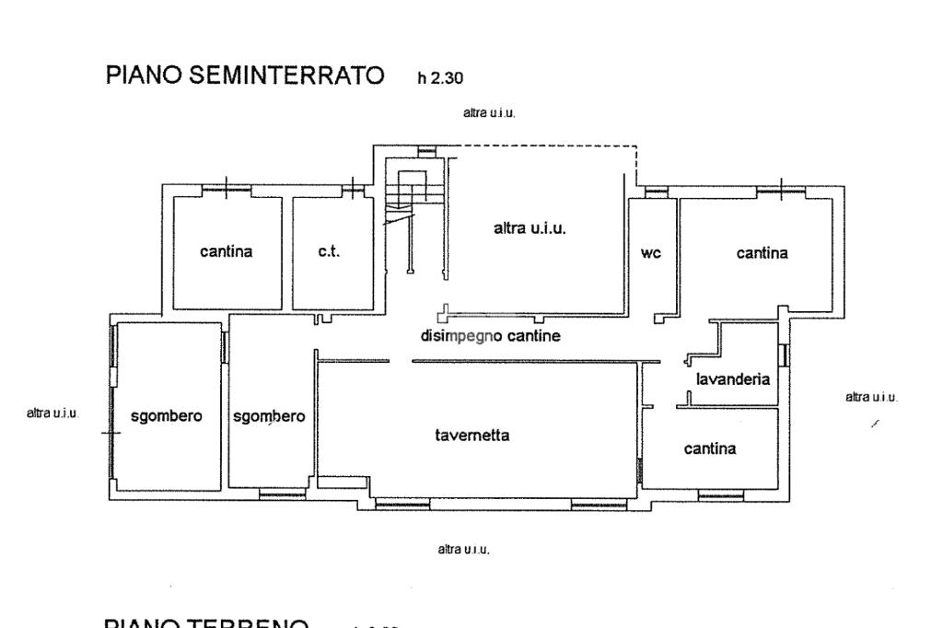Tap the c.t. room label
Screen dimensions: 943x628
pos(329,252)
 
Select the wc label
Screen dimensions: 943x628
pos(651,254)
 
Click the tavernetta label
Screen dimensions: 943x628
pos(472,436)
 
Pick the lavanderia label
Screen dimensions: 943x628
pos(733,378)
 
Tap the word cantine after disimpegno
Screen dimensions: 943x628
pos(533,336)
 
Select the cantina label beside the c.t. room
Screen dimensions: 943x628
pos(226,252)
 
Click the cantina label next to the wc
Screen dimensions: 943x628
pos(762,253)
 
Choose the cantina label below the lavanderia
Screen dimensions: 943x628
pos(710,448)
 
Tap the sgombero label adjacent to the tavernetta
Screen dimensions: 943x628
pos(269,416)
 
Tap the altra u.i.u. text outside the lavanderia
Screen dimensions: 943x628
pos(871,397)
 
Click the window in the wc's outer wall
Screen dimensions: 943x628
pos(655,192)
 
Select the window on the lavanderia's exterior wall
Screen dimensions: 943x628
pos(784,355)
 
